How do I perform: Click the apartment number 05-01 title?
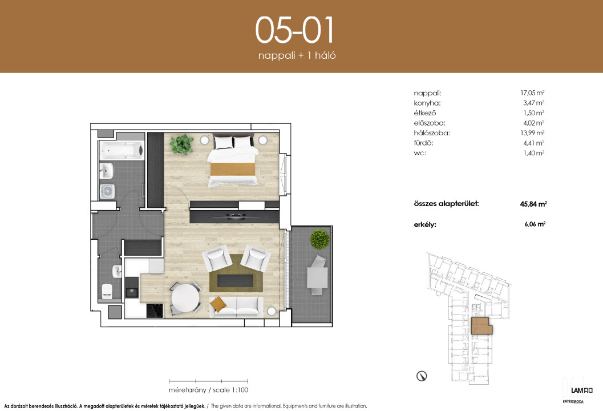294,30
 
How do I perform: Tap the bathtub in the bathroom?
122,151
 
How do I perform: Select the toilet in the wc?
107,291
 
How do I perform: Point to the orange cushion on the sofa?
218,304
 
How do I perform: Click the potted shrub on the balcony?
320,239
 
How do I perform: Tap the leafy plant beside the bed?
182,144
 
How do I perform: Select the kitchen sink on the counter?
132,292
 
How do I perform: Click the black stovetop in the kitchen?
155,311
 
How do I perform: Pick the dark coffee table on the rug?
235,280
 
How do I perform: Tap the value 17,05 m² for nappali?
532,92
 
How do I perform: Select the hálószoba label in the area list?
431,133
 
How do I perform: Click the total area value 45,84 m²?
533,204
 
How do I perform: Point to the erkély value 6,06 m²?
535,224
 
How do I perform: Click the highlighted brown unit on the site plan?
481,326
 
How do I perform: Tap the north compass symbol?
422,376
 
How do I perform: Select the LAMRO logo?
581,390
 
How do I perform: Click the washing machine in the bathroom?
107,191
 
